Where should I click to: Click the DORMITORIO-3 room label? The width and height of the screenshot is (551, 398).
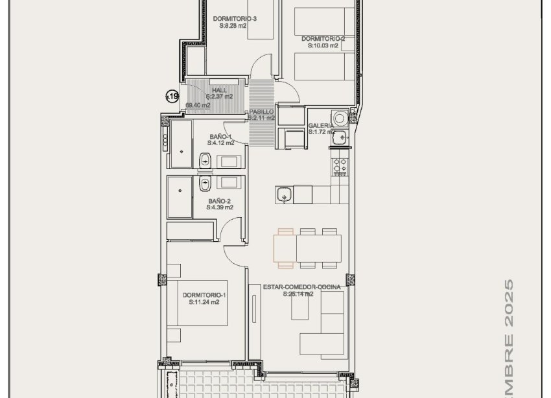[235, 19]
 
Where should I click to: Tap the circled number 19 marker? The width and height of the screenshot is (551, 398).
[172, 97]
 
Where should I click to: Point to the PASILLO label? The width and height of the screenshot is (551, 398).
[261, 112]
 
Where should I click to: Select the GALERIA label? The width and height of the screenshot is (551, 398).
[321, 125]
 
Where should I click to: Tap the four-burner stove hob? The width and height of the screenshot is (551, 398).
[340, 167]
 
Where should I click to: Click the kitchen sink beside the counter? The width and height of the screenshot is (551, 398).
[283, 194]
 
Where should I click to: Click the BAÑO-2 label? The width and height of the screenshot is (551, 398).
[220, 201]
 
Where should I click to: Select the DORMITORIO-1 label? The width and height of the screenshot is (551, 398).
[204, 295]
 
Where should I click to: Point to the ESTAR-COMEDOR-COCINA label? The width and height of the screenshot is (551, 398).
[302, 287]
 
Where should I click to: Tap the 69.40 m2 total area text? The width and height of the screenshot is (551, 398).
[198, 105]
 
